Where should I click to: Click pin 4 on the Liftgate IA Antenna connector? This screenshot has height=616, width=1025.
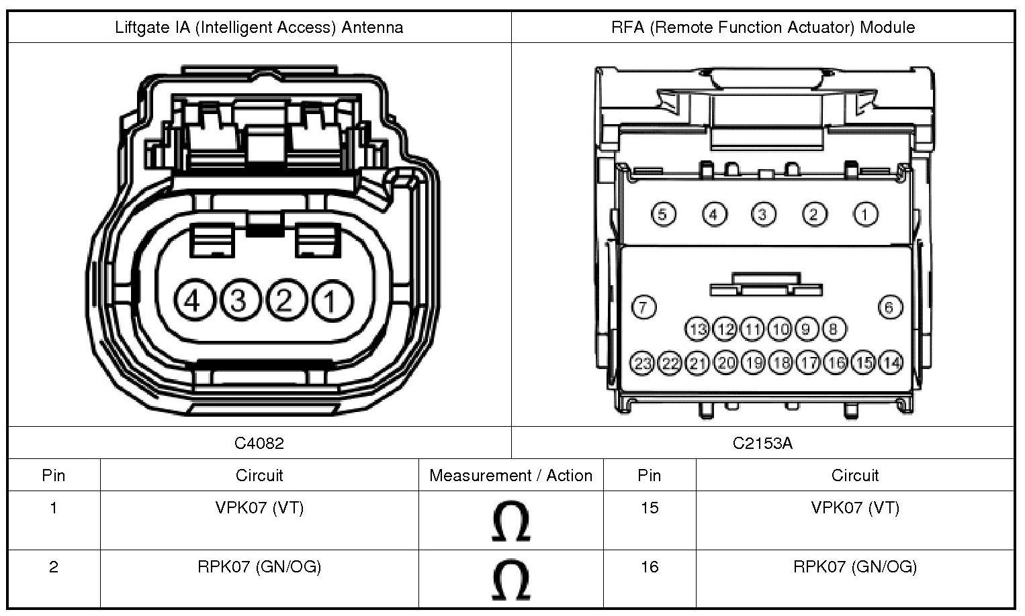pyautogui.click(x=193, y=301)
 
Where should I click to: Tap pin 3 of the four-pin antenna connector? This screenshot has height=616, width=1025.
pyautogui.click(x=238, y=301)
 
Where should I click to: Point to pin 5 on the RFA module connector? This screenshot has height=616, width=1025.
pyautogui.click(x=663, y=215)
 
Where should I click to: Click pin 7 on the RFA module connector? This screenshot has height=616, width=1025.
pyautogui.click(x=643, y=307)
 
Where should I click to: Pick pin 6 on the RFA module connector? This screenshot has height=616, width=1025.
pyautogui.click(x=889, y=307)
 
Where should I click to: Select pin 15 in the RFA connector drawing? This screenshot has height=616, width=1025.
pyautogui.click(x=863, y=363)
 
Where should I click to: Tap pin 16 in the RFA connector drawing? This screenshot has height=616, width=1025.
pyautogui.click(x=836, y=363)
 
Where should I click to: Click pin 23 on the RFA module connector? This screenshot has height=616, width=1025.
pyautogui.click(x=643, y=363)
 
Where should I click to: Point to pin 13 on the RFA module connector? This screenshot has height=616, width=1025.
pyautogui.click(x=698, y=329)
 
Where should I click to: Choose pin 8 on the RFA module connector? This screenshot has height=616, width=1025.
pyautogui.click(x=834, y=329)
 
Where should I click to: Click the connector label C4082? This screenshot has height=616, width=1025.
pyautogui.click(x=259, y=443)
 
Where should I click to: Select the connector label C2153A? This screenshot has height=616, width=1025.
pyautogui.click(x=762, y=443)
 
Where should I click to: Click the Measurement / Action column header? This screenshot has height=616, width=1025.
pyautogui.click(x=510, y=476)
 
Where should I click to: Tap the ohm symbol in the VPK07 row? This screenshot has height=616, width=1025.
pyautogui.click(x=510, y=521)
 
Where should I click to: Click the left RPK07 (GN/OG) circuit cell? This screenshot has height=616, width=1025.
pyautogui.click(x=259, y=567)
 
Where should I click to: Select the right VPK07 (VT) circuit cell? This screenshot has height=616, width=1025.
pyautogui.click(x=854, y=508)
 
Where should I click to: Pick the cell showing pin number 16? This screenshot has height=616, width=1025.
pyautogui.click(x=649, y=567)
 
